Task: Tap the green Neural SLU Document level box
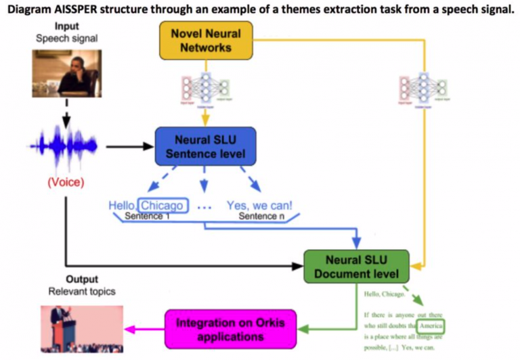(357, 267)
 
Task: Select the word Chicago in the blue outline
(162, 205)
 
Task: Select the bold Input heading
(66, 26)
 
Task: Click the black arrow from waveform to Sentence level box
(129, 146)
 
